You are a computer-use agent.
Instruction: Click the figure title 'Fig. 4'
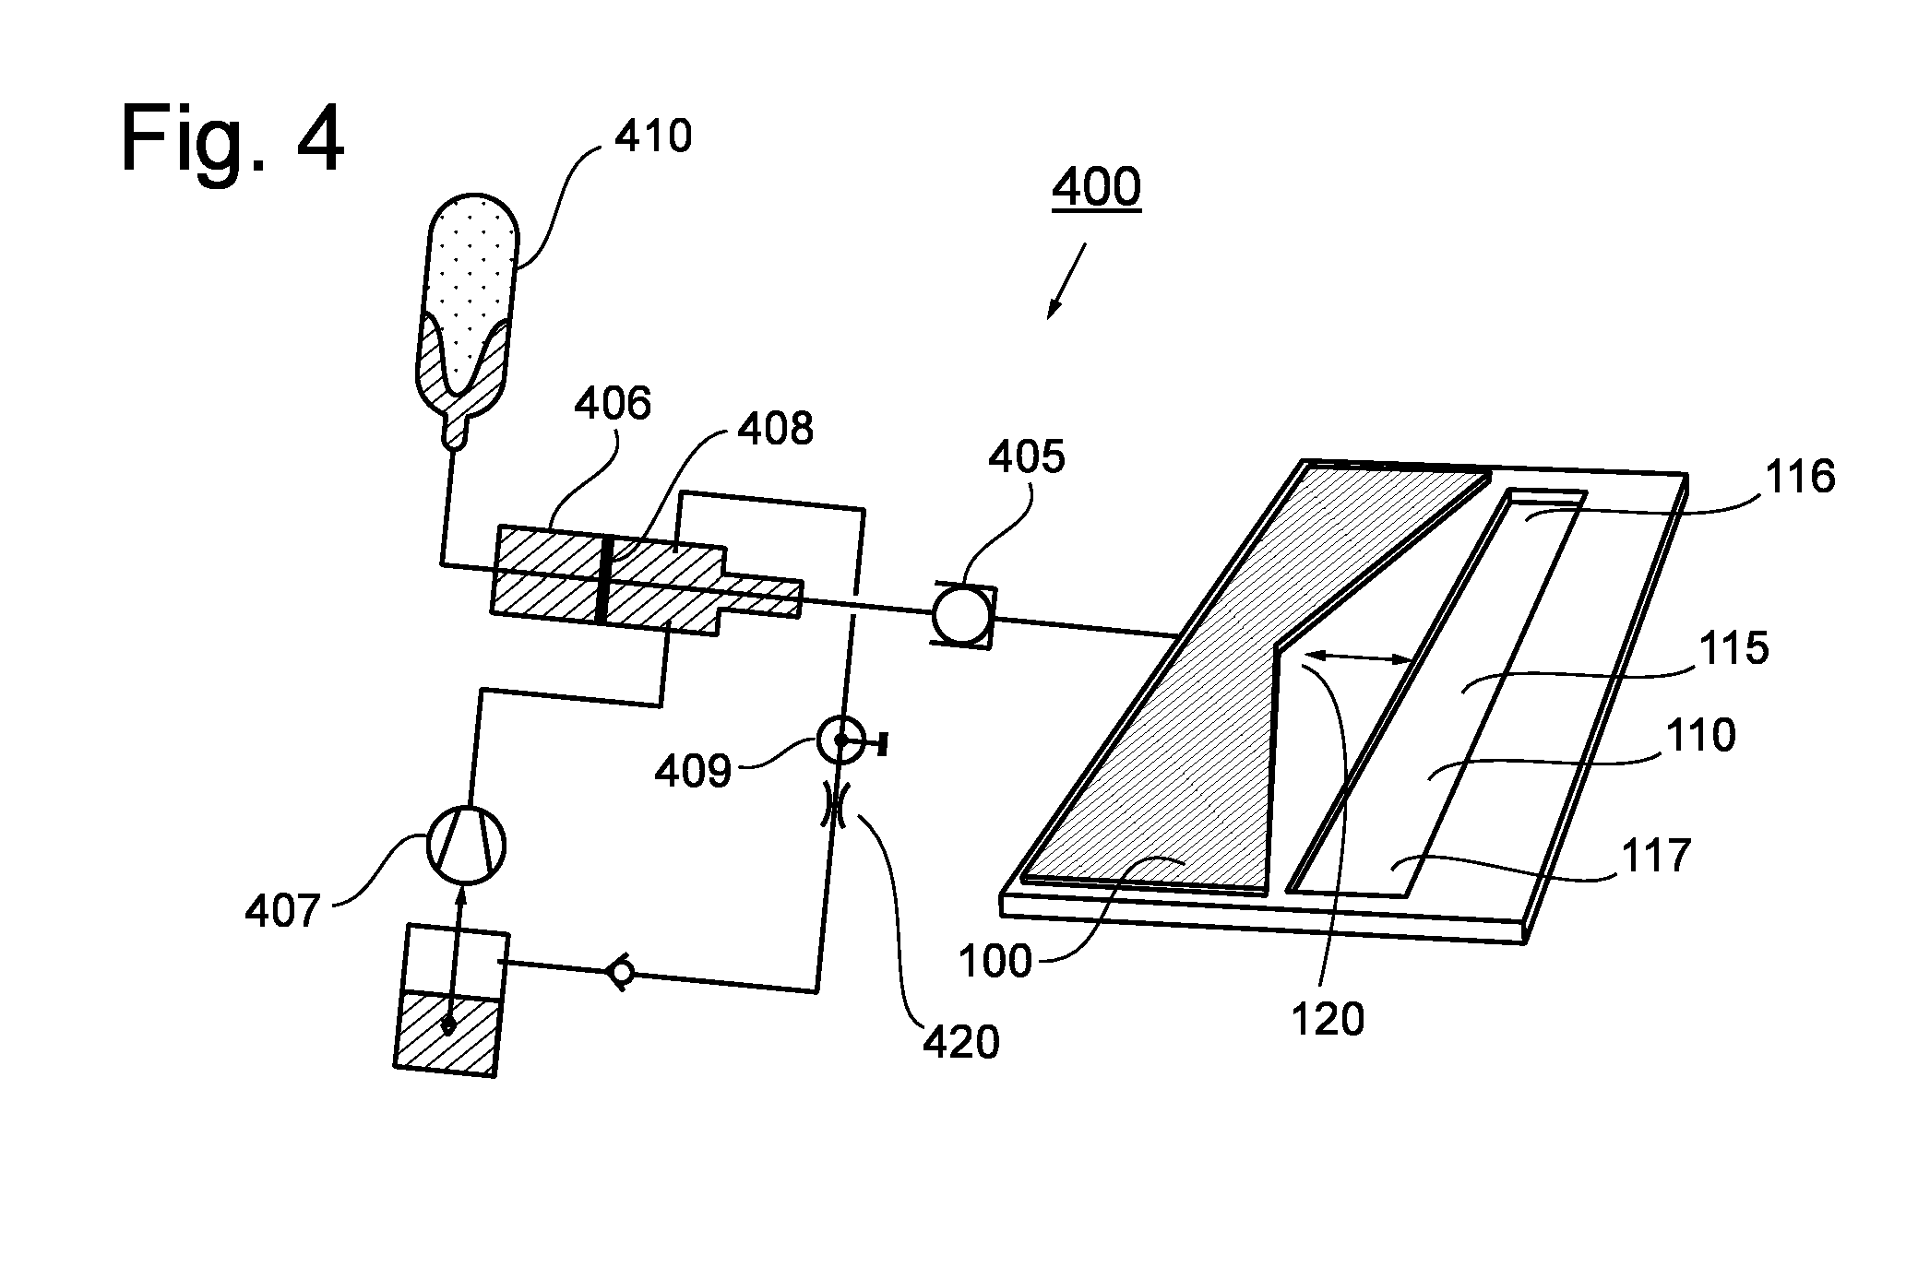232,139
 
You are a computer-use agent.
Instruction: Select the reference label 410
653,136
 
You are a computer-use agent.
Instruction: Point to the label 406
613,404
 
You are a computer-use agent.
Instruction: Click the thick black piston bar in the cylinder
604,580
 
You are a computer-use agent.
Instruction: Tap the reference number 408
775,429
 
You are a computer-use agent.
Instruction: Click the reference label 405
1026,456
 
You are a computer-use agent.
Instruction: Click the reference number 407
282,912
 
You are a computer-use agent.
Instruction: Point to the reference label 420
960,1043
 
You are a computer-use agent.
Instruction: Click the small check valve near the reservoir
620,972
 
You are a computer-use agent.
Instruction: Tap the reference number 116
1799,478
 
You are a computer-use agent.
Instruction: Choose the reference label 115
1733,648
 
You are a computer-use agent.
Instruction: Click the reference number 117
1656,856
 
